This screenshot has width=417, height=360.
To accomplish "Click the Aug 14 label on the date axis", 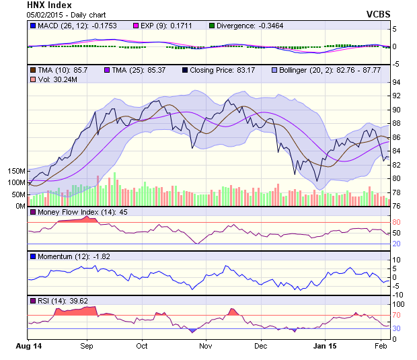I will pos(28,346).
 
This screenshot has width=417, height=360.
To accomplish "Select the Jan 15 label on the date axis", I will pos(326,346).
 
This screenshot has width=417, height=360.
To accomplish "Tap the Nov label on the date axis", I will pos(206,346).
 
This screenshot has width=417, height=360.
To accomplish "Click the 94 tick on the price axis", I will pos(397,82).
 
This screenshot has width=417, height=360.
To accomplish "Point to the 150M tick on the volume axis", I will pos(17,171).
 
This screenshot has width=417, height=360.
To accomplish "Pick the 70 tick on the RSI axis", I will pos(397,314).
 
